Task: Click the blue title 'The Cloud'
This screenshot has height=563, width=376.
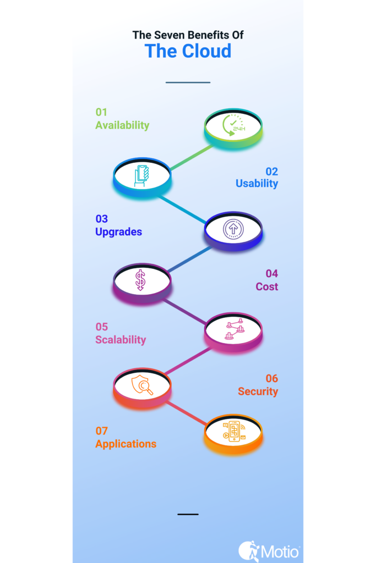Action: click(x=188, y=51)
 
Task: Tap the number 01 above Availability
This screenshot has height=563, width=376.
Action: click(x=101, y=112)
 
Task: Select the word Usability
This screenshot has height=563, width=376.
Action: click(x=257, y=184)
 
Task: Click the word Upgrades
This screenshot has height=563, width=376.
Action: click(x=118, y=232)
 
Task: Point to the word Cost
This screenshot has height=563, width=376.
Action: click(x=266, y=286)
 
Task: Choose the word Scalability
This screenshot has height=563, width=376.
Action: click(x=121, y=340)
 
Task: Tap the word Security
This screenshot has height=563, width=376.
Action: click(x=258, y=391)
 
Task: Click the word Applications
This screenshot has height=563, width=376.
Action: click(x=126, y=444)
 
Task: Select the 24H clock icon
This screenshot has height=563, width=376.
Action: click(x=233, y=125)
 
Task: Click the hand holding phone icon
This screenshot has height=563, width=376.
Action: click(x=141, y=176)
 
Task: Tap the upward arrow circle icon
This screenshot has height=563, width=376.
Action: click(x=233, y=229)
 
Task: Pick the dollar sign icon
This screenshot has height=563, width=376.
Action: click(x=140, y=280)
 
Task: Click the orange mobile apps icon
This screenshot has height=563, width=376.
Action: click(x=234, y=431)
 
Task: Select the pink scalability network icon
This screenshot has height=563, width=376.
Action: click(x=235, y=329)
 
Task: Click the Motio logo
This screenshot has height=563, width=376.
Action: click(x=269, y=551)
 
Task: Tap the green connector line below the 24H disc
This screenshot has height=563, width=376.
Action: click(x=192, y=157)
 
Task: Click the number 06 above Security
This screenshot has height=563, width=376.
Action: click(x=272, y=378)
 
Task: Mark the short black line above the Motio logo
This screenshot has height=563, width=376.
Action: click(x=188, y=514)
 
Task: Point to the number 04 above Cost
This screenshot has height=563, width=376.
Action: click(x=272, y=274)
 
